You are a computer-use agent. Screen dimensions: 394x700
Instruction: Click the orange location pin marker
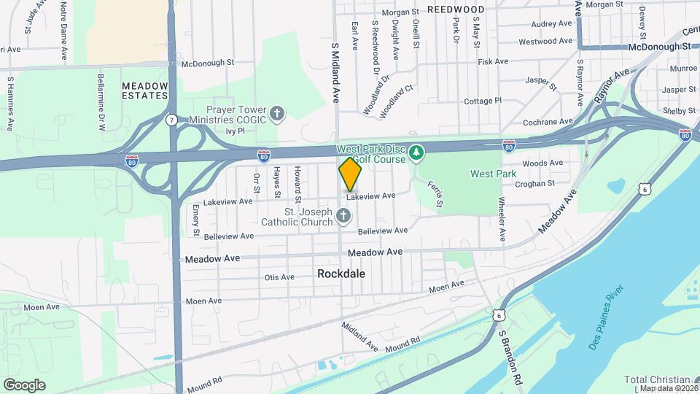350,174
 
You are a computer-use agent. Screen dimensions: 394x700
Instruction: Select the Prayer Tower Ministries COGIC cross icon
276,114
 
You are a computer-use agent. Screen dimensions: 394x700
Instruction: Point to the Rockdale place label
341,274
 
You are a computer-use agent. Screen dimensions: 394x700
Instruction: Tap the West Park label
493,174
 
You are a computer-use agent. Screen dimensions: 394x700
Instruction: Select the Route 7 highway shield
171,119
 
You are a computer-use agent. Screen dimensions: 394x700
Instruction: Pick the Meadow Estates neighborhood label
144,90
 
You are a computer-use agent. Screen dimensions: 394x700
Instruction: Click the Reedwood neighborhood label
456,9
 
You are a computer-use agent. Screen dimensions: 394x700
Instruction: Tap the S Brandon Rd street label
511,356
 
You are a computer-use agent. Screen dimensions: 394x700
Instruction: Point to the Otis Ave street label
279,277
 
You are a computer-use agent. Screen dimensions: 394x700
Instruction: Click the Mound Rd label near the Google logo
203,382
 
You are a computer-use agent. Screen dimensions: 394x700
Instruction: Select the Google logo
24,385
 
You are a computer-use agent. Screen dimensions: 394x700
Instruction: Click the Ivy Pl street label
235,131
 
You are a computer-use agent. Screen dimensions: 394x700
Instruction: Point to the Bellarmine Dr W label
101,101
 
